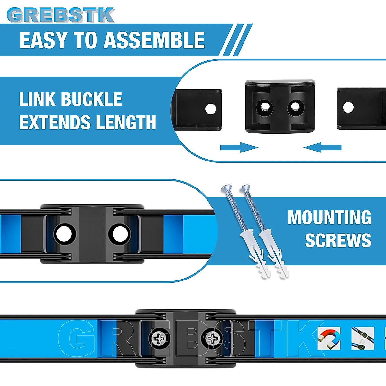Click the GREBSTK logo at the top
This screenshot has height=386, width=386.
point(60,15)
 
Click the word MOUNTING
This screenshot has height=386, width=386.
point(329,218)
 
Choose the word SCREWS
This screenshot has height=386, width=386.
point(338,241)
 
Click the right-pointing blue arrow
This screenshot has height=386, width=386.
point(239,148)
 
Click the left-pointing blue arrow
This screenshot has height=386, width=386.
point(322,148)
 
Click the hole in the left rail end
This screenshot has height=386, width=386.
point(210,109)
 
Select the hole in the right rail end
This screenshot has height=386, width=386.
point(348,107)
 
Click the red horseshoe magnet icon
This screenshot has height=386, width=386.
point(329,338)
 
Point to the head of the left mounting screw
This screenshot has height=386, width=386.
point(226,188)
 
